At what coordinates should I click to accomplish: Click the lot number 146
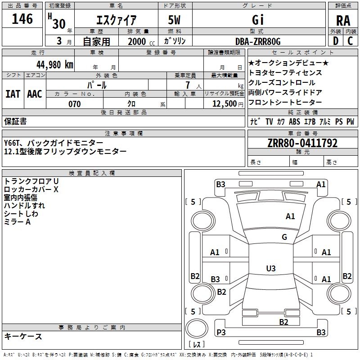tap(22, 19)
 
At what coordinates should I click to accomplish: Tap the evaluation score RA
tap(343, 20)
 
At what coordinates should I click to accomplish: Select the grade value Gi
tap(258, 20)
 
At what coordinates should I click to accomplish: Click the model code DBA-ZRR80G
tap(258, 41)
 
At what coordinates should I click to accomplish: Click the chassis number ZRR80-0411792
tap(302, 143)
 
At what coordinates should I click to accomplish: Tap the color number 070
tap(74, 104)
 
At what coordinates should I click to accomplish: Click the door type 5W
tap(175, 20)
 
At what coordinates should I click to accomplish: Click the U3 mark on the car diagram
tap(271, 268)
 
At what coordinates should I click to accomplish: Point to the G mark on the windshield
tap(284, 237)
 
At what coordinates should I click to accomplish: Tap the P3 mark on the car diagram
tap(221, 333)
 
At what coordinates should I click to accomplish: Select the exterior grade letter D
tap(335, 41)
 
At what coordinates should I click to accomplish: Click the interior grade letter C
tap(350, 41)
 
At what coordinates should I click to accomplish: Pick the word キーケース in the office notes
tap(23, 336)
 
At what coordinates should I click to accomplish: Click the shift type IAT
tap(13, 94)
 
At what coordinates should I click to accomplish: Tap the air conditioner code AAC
tap(35, 94)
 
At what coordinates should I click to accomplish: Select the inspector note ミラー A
tap(17, 222)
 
